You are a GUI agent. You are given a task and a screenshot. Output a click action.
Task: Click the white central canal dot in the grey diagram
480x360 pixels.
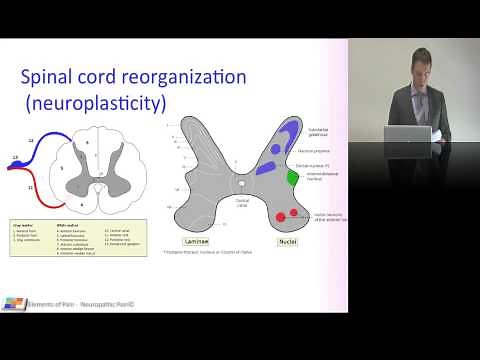(240, 183)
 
